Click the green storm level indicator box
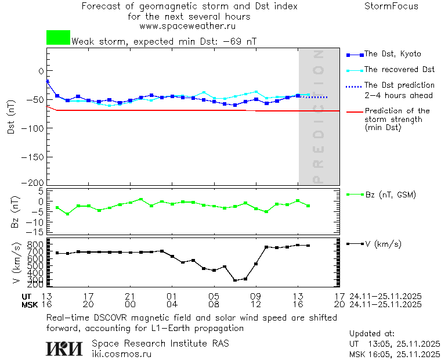[x=58, y=38]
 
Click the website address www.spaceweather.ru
[x=189, y=26]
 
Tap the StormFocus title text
[x=391, y=6]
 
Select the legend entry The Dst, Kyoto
[x=392, y=54]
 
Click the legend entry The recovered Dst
[x=399, y=69]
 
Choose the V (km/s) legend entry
[x=382, y=244]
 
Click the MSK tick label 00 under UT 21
[x=131, y=304]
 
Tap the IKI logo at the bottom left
[x=65, y=348]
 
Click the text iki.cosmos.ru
[x=122, y=354]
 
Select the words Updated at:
[x=372, y=333]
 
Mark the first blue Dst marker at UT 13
[x=47, y=81]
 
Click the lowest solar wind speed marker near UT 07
[x=235, y=280]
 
